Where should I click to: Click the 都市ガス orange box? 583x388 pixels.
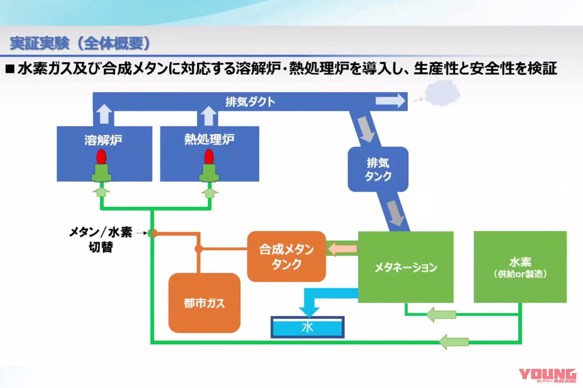coord(204,303)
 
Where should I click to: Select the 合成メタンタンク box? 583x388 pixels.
coord(286,257)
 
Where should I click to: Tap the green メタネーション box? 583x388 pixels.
coord(405,267)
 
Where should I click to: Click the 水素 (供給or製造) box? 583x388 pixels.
coord(520,267)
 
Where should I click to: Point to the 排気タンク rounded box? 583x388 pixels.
coord(378,169)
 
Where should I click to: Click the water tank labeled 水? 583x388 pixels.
coord(307,327)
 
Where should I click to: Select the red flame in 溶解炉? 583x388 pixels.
coord(101,157)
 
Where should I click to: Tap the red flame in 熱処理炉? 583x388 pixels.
coord(209,157)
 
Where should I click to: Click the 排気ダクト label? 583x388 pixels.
coord(250,101)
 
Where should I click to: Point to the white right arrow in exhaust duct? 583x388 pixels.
coord(390,101)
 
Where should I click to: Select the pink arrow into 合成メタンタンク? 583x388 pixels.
coord(342,249)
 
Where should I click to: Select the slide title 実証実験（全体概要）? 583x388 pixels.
coord(80,44)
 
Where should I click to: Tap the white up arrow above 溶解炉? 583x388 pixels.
coord(104,115)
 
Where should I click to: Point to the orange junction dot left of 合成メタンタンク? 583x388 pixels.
coord(198,249)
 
